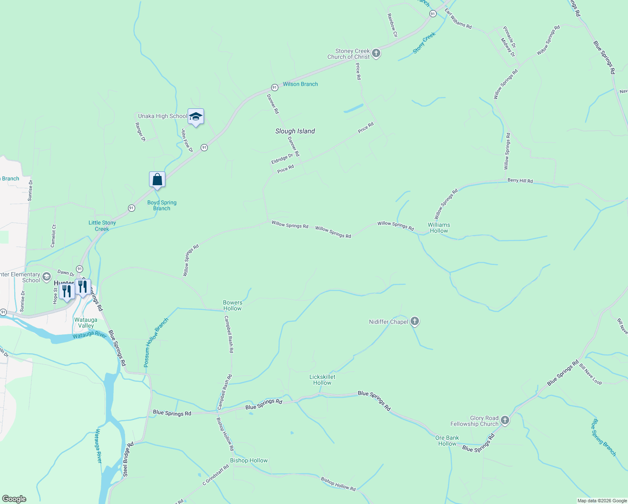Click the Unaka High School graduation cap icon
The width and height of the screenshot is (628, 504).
tap(196, 116)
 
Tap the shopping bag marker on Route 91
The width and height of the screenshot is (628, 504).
tap(157, 180)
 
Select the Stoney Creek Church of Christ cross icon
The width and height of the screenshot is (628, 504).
tap(376, 53)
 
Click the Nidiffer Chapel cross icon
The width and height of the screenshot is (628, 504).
tap(415, 322)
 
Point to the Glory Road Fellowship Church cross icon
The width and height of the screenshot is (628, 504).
tap(505, 420)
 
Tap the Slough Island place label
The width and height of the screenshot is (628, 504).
tap(295, 131)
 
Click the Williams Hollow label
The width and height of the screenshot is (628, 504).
tap(439, 228)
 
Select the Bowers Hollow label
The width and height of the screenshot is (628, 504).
tap(233, 305)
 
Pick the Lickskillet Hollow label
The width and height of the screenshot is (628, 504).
tap(322, 380)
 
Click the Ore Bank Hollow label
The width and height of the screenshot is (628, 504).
tap(447, 441)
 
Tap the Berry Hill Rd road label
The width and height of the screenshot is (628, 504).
tap(520, 181)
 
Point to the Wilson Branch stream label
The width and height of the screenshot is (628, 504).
tap(300, 84)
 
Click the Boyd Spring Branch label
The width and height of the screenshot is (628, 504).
tap(162, 205)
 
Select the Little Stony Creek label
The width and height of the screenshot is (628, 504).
tap(102, 226)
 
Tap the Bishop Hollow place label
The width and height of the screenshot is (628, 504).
tap(249, 460)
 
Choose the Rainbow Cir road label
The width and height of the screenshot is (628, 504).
tap(392, 25)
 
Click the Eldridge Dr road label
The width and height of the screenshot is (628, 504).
tap(282, 159)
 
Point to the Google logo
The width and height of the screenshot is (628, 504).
tap(14, 499)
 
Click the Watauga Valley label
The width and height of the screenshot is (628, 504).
tap(86, 323)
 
